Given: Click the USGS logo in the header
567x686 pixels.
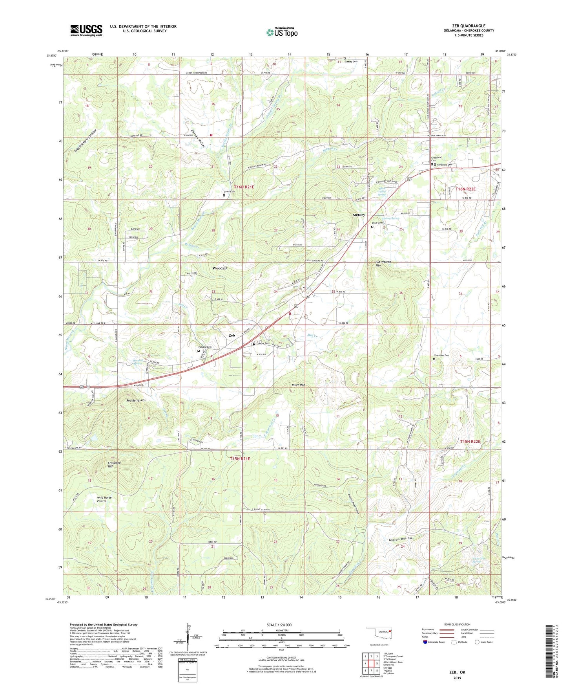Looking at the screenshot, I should pos(86,30).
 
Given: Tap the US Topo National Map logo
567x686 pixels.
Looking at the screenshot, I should pos(282,32).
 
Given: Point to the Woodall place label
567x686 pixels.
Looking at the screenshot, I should pos(219,268).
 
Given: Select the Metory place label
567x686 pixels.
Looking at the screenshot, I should pos(359,215).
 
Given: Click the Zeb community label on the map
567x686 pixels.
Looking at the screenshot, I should pos(232,336).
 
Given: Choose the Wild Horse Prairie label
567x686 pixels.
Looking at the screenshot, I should pos(104,499).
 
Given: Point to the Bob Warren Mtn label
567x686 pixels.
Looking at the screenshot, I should pos(383,264).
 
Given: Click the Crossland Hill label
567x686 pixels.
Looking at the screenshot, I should pos(114,464).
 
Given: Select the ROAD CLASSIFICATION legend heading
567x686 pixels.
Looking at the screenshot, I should pos(457,624).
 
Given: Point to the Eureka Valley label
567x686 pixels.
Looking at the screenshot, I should pos(198,138).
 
